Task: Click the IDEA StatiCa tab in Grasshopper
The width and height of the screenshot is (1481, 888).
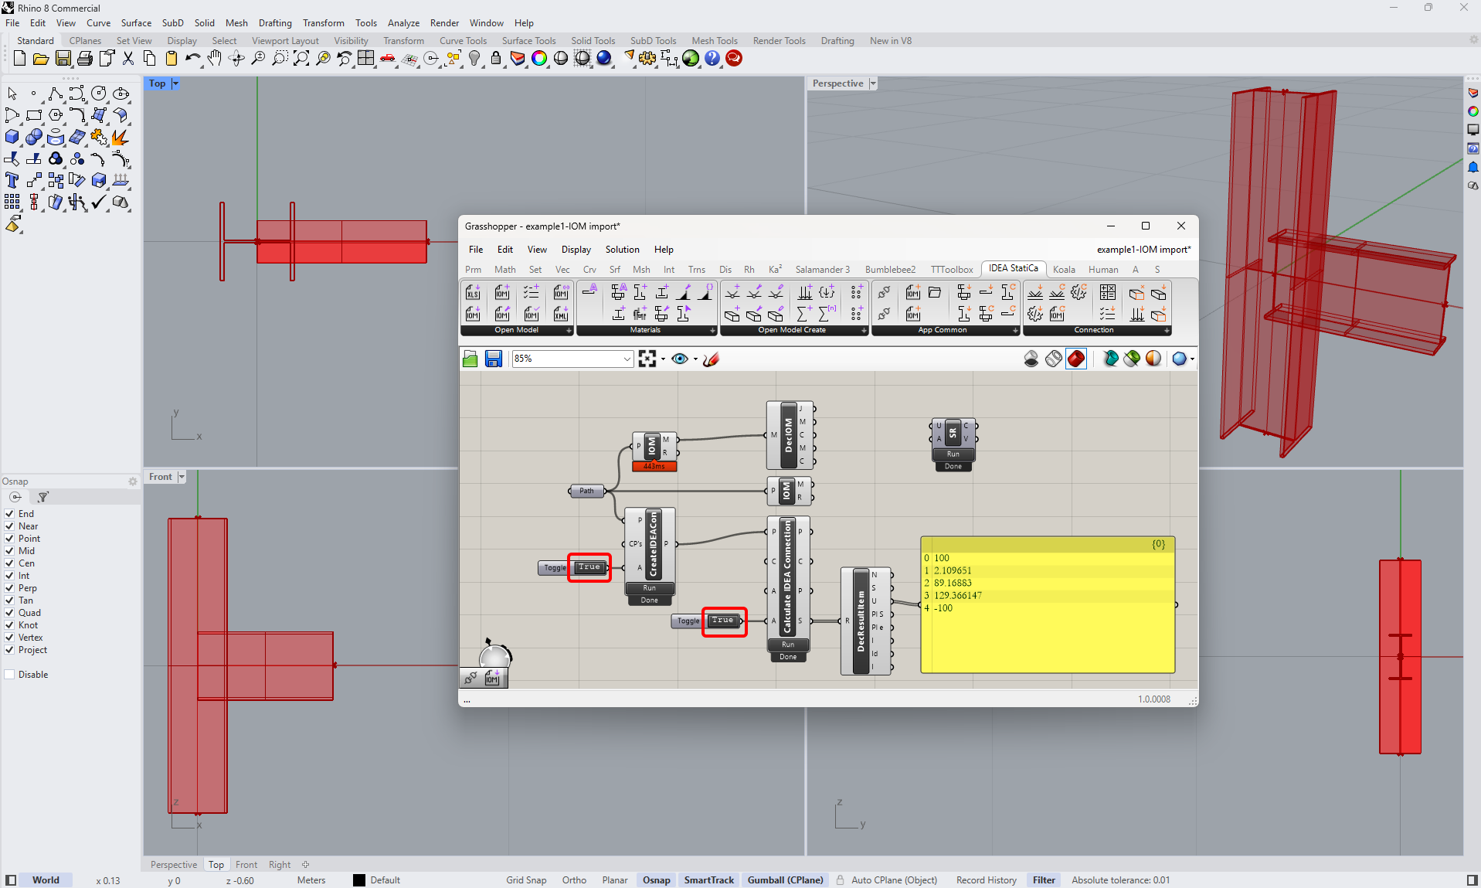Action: pyautogui.click(x=1013, y=268)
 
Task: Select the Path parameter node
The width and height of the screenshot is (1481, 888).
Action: pyautogui.click(x=587, y=491)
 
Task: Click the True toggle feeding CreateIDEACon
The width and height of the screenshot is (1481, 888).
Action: pyautogui.click(x=589, y=567)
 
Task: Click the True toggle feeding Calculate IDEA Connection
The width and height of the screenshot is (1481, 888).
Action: pyautogui.click(x=723, y=621)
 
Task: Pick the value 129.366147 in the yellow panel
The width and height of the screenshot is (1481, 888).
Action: pyautogui.click(x=957, y=595)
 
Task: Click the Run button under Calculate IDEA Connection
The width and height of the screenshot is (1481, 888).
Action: pyautogui.click(x=788, y=645)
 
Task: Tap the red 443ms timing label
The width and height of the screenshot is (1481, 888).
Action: pyautogui.click(x=654, y=466)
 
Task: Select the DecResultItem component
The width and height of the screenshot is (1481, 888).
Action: pyautogui.click(x=861, y=621)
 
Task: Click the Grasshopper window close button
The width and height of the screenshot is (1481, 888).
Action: pyautogui.click(x=1180, y=226)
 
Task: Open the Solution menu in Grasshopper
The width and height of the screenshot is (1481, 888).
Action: pyautogui.click(x=622, y=250)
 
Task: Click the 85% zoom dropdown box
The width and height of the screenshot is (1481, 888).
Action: pyautogui.click(x=572, y=359)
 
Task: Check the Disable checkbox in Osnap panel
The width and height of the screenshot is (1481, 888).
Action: pyautogui.click(x=10, y=675)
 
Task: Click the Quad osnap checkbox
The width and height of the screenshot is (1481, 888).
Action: pyautogui.click(x=10, y=613)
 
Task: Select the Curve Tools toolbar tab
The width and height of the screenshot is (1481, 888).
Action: pyautogui.click(x=463, y=41)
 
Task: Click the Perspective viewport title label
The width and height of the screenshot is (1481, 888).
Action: pyautogui.click(x=837, y=83)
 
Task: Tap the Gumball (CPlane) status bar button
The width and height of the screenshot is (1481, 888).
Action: pyautogui.click(x=785, y=880)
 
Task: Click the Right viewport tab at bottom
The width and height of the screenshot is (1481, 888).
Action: pyautogui.click(x=280, y=865)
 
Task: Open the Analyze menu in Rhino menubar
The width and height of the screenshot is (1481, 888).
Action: pyautogui.click(x=403, y=23)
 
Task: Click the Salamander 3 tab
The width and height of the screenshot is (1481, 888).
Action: pyautogui.click(x=822, y=270)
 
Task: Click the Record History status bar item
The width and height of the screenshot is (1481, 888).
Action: pyautogui.click(x=986, y=880)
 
